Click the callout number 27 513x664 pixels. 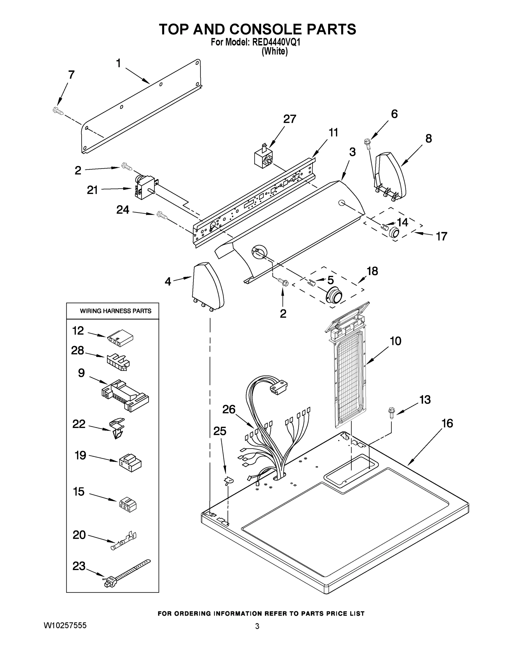pyautogui.click(x=289, y=119)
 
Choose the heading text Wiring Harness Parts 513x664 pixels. pyautogui.click(x=116, y=311)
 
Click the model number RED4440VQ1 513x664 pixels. pyautogui.click(x=276, y=42)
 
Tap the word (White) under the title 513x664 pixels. pyautogui.click(x=274, y=51)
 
